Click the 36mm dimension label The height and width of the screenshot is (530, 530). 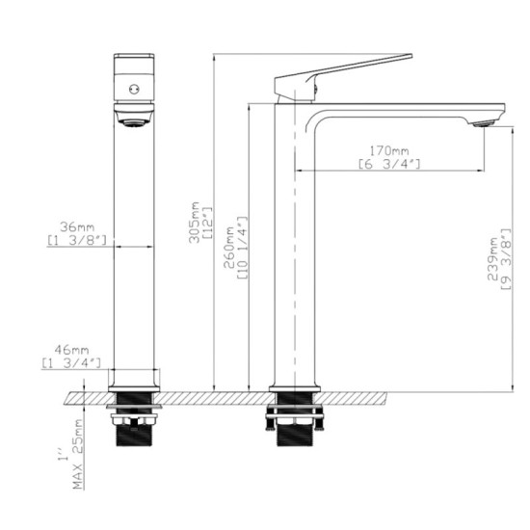coord(68,226)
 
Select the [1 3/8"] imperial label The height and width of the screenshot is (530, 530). coord(74,239)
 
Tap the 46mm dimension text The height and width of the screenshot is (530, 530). coord(68,350)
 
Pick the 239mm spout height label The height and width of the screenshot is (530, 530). coord(492,261)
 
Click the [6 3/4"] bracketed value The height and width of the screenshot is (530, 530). coord(390,164)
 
